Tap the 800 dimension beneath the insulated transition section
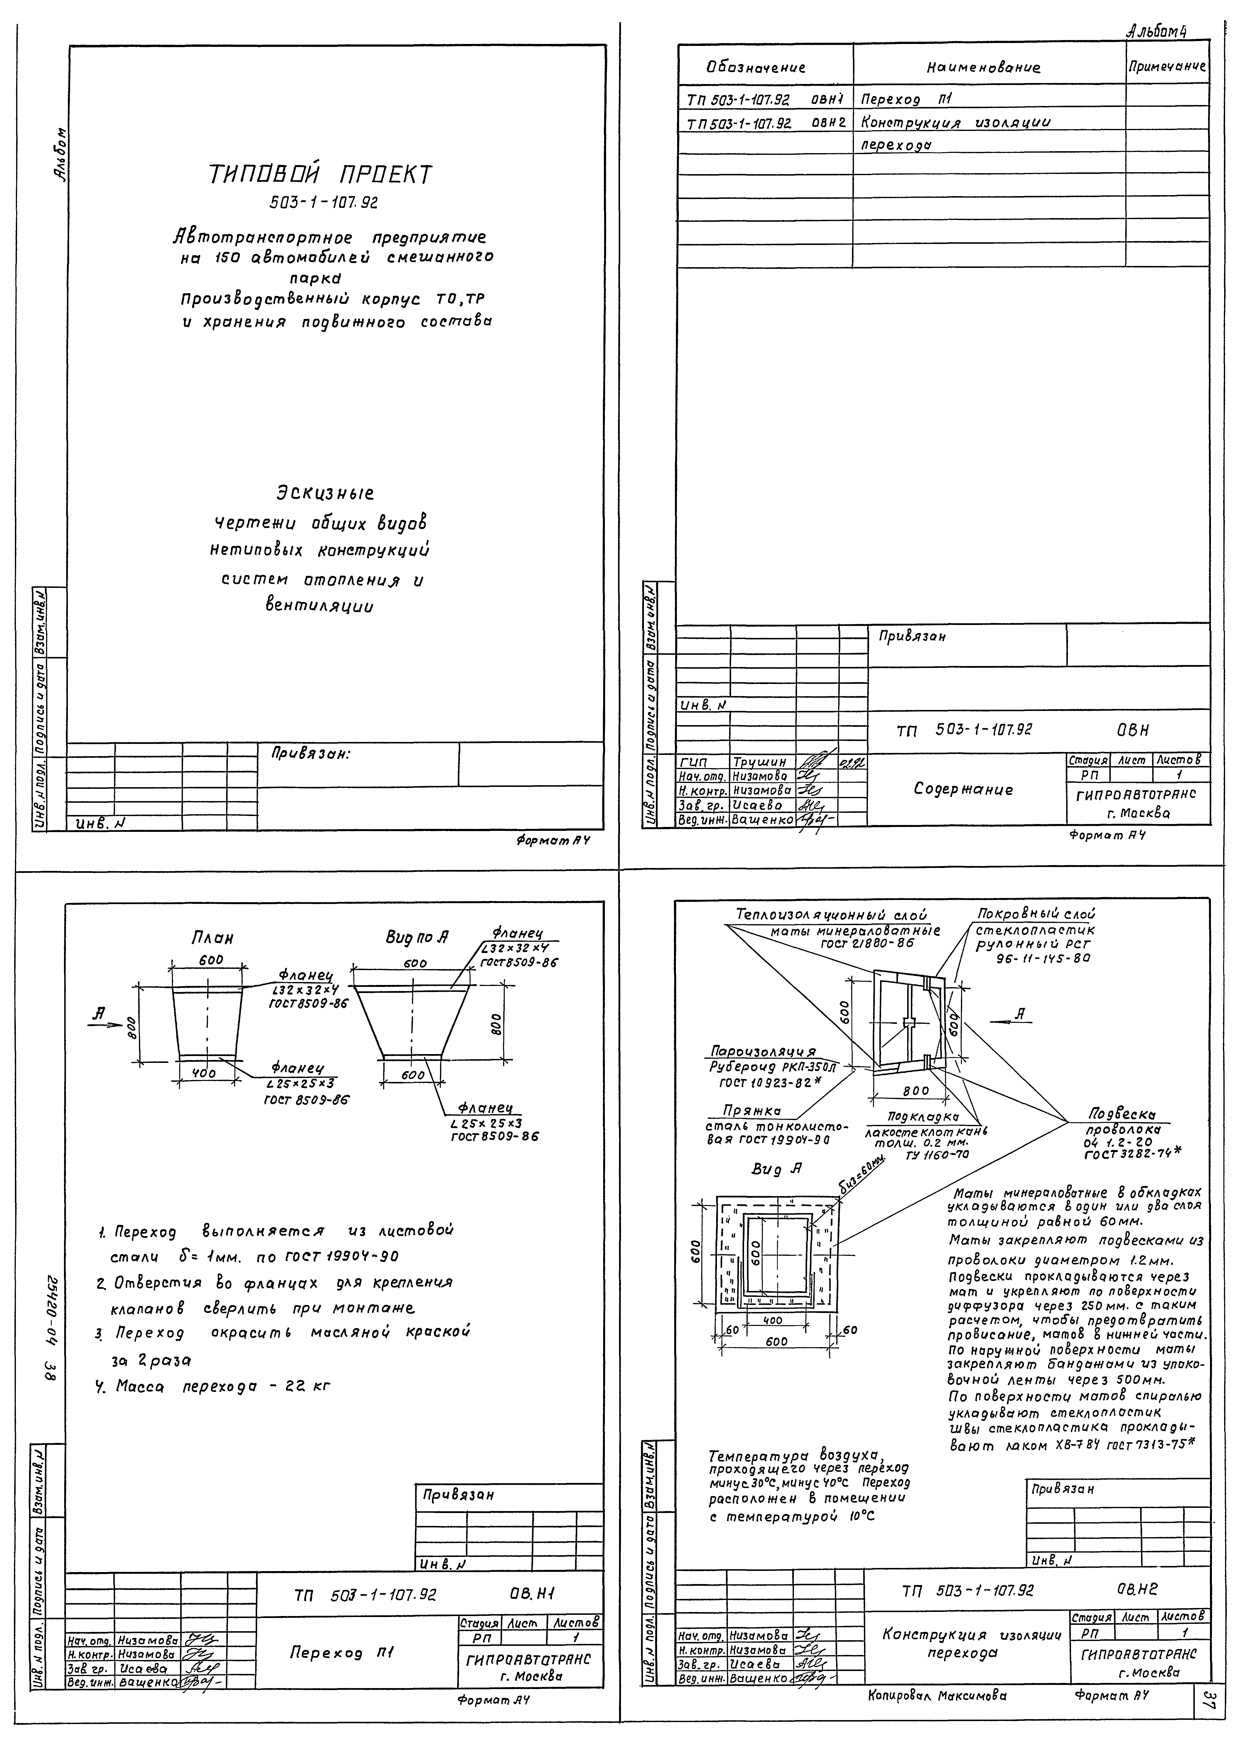point(915,1090)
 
